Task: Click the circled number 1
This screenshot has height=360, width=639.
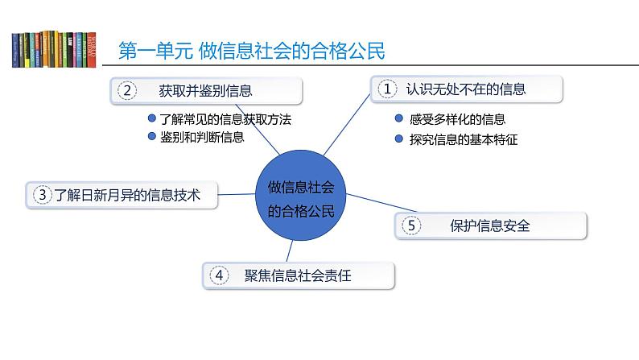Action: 388,89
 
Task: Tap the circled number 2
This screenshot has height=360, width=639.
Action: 126,91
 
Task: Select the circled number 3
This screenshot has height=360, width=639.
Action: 41,194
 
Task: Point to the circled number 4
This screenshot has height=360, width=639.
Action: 219,275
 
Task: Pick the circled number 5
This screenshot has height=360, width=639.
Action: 411,226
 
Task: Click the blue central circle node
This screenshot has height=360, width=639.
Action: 299,198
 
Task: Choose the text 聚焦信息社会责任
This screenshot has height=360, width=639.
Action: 299,275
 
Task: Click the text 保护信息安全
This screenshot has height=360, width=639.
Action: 489,226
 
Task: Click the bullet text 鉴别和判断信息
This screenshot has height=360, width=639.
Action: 201,136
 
